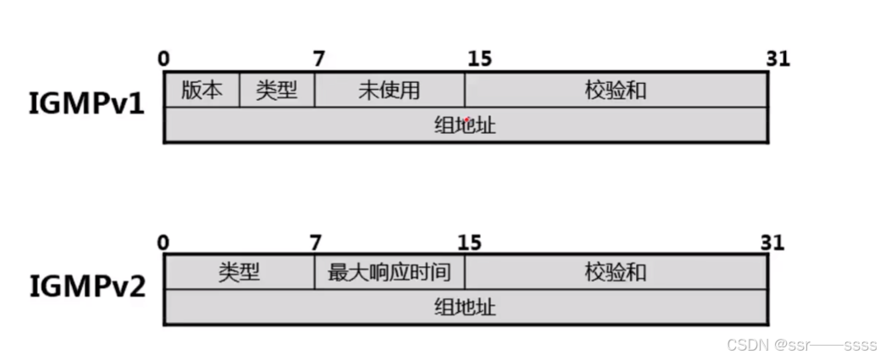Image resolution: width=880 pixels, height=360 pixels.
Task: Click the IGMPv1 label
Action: [x=86, y=107]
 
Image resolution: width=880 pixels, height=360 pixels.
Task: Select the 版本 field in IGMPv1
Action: [x=202, y=90]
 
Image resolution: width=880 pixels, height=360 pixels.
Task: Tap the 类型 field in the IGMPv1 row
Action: [x=277, y=90]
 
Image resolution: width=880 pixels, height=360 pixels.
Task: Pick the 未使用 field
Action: [x=389, y=90]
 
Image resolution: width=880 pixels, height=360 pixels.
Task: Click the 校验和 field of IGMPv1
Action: [x=616, y=90]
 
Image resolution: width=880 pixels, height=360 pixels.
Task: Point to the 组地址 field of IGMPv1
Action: [x=465, y=125]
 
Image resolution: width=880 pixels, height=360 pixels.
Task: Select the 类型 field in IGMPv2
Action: [x=239, y=272]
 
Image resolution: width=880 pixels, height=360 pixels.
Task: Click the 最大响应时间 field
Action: [x=389, y=272]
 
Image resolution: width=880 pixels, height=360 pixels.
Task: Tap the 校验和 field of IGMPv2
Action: [x=616, y=272]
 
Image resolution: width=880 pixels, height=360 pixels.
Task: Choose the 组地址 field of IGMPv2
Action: [x=465, y=307]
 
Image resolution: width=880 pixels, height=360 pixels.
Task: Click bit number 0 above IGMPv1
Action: [x=163, y=58]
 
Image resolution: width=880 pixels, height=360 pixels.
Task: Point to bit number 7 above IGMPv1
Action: [x=318, y=58]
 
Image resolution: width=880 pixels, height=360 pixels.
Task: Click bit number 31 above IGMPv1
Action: [x=777, y=58]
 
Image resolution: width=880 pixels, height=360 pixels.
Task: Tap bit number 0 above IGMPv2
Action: [x=163, y=242]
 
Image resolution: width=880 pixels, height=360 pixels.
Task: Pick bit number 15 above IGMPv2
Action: [x=471, y=242]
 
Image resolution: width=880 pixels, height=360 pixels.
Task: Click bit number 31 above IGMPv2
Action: [x=771, y=242]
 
